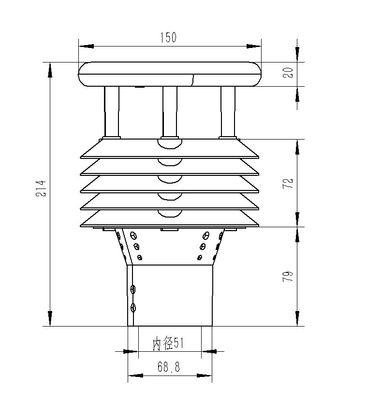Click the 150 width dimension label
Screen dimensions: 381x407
click(x=168, y=37)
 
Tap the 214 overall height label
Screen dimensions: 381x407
click(x=41, y=188)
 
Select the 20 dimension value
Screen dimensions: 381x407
click(x=288, y=73)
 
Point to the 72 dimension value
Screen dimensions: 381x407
click(x=288, y=183)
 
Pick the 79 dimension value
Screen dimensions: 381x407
click(x=288, y=276)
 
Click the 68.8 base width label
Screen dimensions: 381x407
click(x=169, y=367)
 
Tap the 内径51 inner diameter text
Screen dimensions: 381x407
click(x=168, y=344)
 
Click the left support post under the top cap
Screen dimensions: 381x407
click(x=112, y=112)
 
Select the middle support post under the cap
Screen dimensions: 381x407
click(x=170, y=112)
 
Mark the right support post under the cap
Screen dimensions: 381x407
click(x=228, y=112)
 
